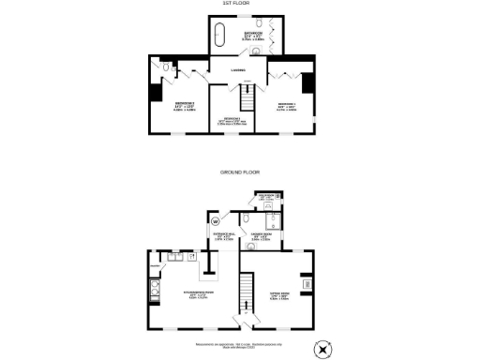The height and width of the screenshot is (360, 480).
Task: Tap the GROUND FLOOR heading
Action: (239, 172)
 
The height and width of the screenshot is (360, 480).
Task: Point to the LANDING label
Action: (238, 68)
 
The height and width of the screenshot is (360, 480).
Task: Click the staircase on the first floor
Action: (247, 97)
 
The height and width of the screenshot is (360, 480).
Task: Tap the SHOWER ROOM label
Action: (261, 234)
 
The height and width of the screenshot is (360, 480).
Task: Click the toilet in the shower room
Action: (271, 224)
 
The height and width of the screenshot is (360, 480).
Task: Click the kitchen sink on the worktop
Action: (174, 256)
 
